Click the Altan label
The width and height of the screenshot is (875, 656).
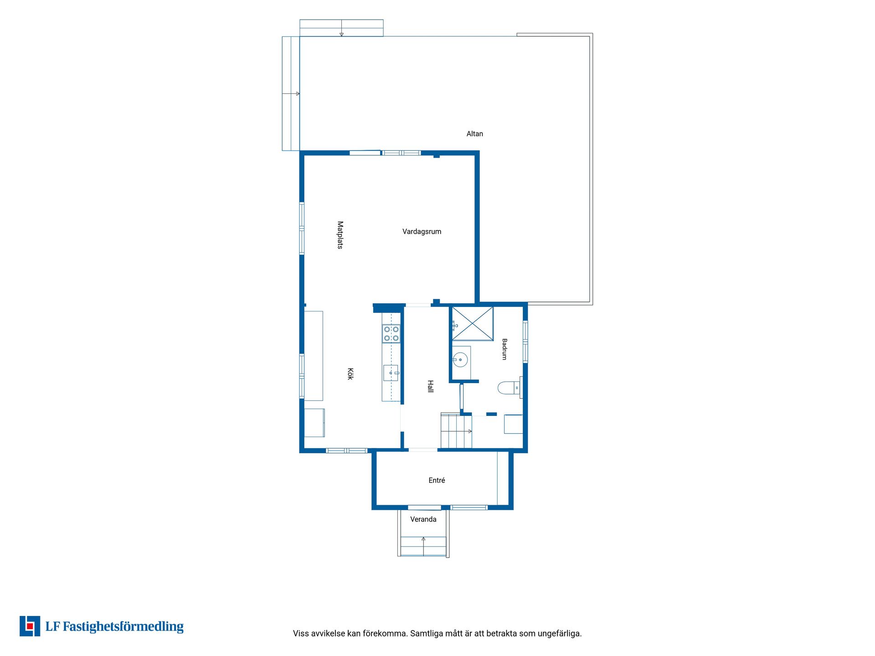[x=474, y=134]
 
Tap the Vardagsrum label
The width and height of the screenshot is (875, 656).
[x=422, y=231]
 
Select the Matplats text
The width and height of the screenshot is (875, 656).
[x=340, y=235]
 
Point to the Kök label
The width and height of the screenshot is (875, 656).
[x=350, y=374]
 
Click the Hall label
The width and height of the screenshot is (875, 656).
[x=430, y=386]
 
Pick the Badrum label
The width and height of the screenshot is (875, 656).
[x=504, y=349]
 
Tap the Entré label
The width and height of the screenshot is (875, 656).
[x=437, y=480]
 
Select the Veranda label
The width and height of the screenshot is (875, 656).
[x=423, y=519]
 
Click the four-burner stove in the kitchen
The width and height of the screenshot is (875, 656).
[x=391, y=333]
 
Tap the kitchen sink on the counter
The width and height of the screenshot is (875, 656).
[x=391, y=373]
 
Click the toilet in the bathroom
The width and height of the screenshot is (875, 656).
[x=509, y=388]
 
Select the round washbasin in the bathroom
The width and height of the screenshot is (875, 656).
[x=460, y=360]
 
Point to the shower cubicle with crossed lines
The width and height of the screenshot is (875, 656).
[x=472, y=323]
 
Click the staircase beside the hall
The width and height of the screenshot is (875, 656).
[x=456, y=430]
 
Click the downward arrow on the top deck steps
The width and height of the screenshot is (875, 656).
[x=341, y=28]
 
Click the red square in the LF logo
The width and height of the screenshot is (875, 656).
[x=30, y=626]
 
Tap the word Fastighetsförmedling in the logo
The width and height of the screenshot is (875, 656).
[x=123, y=627]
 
